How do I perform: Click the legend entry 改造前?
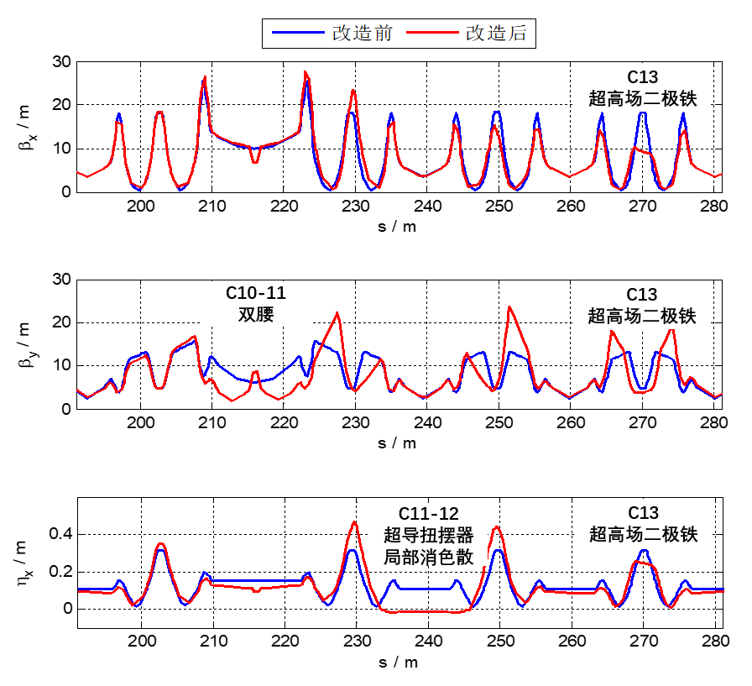coord(352,34)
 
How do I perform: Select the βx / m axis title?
coord(24,127)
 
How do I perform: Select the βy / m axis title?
coord(24,343)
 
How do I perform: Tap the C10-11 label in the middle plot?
coord(256,294)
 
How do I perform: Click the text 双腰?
coord(256,315)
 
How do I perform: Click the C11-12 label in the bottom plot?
coord(428,513)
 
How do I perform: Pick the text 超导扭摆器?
coord(428,534)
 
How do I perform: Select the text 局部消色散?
coord(428,555)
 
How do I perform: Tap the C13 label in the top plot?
coord(642,77)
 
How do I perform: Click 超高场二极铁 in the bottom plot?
coord(642,534)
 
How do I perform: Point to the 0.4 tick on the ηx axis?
coord(62,535)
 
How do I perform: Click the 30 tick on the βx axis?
coord(62,61)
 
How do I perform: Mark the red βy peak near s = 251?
coord(509,307)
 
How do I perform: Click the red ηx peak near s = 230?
coord(354,522)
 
